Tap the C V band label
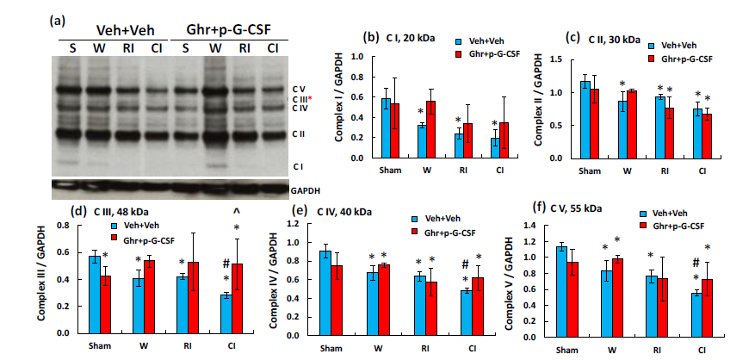(297, 88)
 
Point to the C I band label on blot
(296, 165)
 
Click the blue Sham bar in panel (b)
(386, 128)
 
